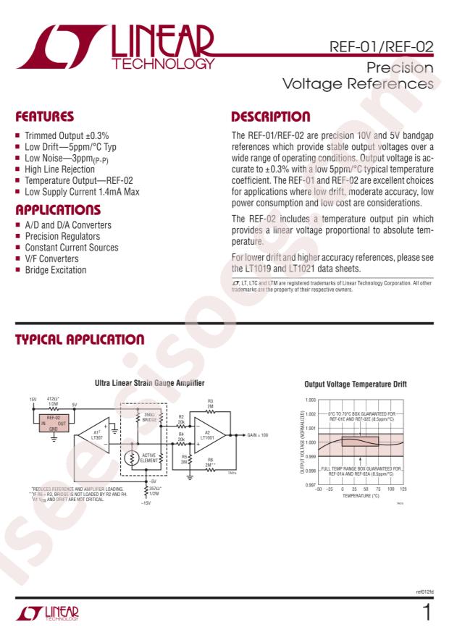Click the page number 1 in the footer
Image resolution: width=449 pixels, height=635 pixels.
tap(427, 613)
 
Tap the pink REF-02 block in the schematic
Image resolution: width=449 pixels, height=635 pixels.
tap(54, 423)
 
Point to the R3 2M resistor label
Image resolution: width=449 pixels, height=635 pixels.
tap(210, 403)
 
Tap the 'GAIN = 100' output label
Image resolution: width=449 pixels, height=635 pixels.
tap(257, 435)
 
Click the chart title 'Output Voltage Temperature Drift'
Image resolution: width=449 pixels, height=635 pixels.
tap(356, 384)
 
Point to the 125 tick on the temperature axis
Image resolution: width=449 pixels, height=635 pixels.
tap(403, 490)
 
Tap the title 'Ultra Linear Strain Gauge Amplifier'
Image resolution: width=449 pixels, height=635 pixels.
tap(149, 382)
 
